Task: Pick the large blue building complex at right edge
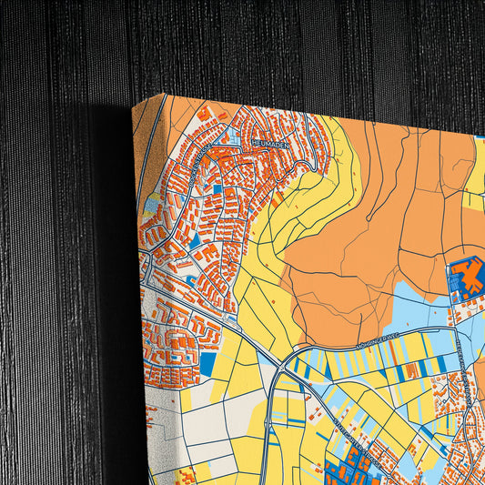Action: tap(467, 278)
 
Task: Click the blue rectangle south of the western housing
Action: tap(207, 364)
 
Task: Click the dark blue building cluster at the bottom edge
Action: tap(350, 469)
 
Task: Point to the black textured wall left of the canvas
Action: tap(55, 273)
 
